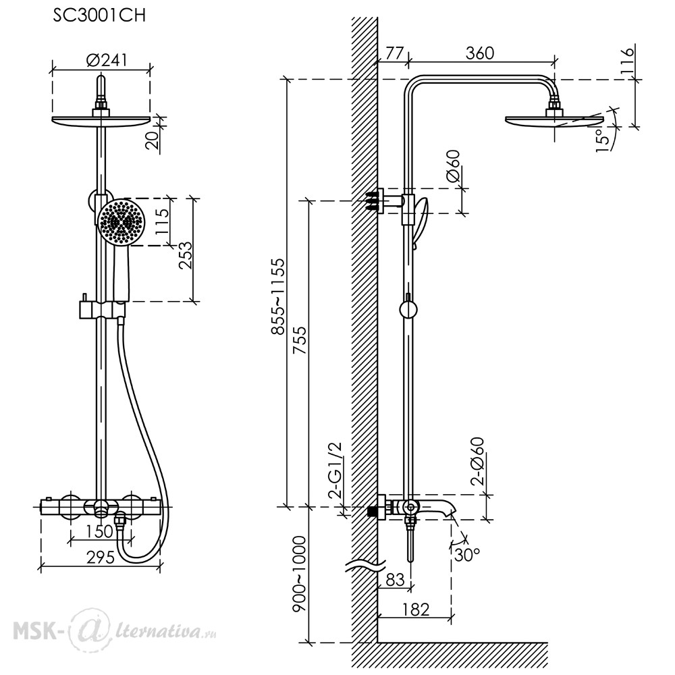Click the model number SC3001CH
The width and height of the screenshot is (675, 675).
99,16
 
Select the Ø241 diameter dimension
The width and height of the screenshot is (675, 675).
107,59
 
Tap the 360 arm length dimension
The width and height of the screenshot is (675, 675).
479,53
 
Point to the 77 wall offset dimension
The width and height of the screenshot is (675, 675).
394,53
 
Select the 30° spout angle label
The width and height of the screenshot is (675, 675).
466,554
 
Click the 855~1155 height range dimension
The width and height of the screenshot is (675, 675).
277,296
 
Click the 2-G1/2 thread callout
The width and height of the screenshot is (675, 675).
335,470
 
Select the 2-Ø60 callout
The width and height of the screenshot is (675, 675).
477,461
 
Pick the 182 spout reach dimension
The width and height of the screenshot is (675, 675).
415,609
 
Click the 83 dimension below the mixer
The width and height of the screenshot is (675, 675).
395,580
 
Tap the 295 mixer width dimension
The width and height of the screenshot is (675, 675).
101,558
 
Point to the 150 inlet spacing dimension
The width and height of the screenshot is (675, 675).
99,532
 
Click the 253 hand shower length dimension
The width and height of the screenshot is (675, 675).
186,255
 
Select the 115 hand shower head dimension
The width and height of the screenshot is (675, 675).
162,221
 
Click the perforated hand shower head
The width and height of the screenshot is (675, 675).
121,222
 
